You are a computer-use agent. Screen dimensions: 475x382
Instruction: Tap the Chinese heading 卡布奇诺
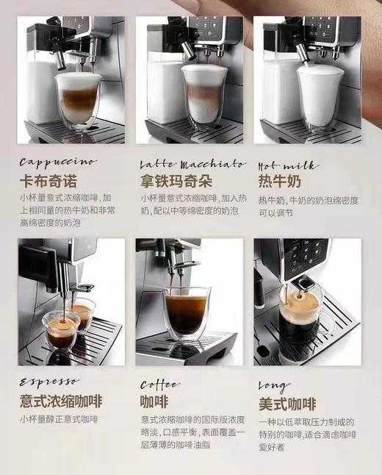coord(49,180)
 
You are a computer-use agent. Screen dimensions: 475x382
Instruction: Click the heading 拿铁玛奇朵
coord(175,180)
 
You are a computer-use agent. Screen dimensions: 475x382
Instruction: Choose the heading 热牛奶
coord(278,180)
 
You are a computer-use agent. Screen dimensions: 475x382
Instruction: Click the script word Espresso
coord(48,383)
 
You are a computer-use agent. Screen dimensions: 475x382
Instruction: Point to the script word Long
coord(273,385)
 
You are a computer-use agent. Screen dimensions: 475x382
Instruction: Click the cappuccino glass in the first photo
coord(77,100)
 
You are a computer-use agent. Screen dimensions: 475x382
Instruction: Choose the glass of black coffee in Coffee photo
coord(185,312)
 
